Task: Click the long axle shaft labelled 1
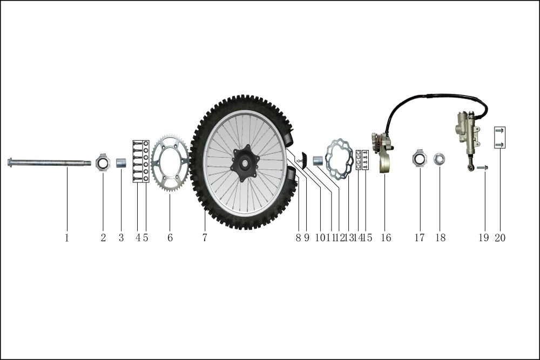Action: point(49,162)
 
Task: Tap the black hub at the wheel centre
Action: point(245,163)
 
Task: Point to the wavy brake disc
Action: point(340,159)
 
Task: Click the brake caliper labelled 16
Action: point(382,152)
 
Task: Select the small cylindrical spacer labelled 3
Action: point(121,163)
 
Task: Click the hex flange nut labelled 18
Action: point(438,159)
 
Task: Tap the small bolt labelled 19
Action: point(482,168)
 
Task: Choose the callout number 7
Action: point(205,238)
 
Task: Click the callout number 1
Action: point(67,238)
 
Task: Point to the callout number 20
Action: point(500,238)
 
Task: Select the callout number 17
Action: point(420,238)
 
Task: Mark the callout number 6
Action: point(170,238)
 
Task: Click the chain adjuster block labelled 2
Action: point(103,162)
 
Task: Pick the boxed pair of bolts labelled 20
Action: point(500,137)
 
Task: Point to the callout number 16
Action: point(386,238)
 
